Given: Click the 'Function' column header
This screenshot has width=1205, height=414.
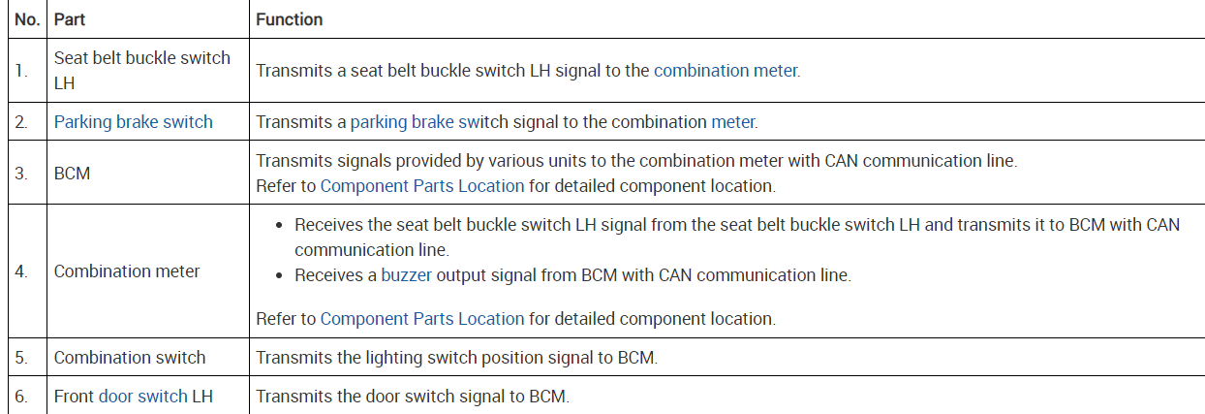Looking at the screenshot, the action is point(289,19).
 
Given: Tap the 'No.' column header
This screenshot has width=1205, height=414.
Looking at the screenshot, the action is point(27,19).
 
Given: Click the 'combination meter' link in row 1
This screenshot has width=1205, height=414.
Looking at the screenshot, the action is point(726,71).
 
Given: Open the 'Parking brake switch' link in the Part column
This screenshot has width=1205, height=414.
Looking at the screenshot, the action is point(133,122).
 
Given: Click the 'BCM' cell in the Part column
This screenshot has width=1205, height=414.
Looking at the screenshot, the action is point(72,173).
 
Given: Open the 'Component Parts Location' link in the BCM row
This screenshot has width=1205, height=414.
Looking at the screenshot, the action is point(421,185).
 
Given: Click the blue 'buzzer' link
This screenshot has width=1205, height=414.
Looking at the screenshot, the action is point(406,275).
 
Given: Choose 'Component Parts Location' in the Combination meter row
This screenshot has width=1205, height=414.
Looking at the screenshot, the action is point(421,318).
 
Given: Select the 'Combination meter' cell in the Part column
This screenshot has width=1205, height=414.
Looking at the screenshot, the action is point(127,271).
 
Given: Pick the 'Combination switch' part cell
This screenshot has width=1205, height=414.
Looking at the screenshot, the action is point(130,358).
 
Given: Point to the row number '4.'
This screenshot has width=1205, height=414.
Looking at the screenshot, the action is point(21,271).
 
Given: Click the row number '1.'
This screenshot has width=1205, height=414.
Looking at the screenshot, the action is point(21,71).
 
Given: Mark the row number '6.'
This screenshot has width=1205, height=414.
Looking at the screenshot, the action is point(21,396).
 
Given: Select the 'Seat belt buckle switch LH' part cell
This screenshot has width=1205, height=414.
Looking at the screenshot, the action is point(141,70).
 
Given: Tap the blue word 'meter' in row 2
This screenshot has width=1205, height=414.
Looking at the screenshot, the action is point(732,122).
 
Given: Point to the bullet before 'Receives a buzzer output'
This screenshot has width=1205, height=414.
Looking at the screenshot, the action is point(280,275).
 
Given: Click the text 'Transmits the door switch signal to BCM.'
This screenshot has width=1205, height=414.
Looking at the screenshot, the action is point(413,396).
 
